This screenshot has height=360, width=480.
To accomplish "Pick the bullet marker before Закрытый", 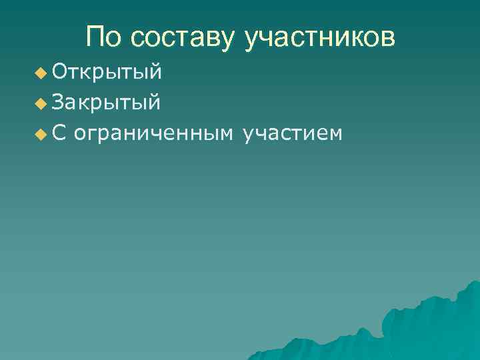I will (42, 104).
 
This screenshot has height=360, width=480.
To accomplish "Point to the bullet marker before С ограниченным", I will (42, 135).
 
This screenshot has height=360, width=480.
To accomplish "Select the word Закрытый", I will (106, 103).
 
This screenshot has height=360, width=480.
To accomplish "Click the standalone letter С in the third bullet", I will (59, 133).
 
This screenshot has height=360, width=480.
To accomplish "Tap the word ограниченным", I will (153, 134).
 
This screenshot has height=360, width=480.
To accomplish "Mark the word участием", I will (293, 134).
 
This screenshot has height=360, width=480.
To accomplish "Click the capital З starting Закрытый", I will (58, 102).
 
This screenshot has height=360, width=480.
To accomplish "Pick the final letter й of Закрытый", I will (154, 101).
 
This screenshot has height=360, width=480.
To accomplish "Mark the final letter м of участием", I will (336, 135).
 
